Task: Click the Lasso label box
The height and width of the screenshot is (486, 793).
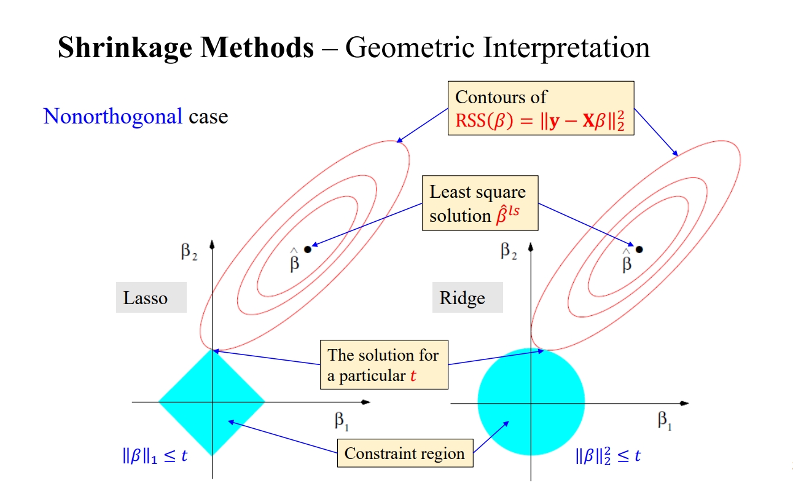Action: [151, 298]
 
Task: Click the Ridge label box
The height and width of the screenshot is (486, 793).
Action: [467, 298]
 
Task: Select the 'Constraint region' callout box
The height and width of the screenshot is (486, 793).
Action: [405, 454]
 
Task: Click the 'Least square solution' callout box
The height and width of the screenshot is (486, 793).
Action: [480, 203]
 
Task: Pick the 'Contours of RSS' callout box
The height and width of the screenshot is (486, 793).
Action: [541, 108]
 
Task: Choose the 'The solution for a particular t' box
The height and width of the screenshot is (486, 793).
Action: [384, 365]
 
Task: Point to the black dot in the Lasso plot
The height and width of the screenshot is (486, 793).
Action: [308, 249]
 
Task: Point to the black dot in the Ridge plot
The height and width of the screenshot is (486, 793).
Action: [639, 249]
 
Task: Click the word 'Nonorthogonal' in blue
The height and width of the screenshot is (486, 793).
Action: [113, 116]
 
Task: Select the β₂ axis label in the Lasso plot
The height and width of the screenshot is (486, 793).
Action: [190, 251]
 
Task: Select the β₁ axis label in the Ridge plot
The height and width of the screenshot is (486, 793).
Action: [665, 421]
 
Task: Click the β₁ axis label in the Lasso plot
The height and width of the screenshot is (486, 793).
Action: [342, 421]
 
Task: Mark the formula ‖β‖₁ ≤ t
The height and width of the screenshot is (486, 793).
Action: [154, 457]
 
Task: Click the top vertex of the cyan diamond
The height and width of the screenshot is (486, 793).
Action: [212, 350]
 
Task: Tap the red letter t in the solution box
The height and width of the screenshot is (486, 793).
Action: [413, 376]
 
